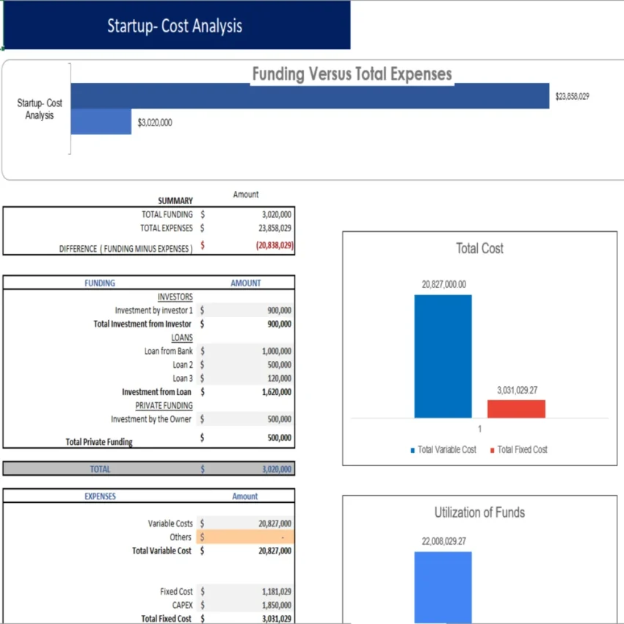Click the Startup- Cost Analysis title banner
click(175, 26)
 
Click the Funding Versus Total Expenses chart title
click(352, 74)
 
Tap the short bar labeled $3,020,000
click(101, 123)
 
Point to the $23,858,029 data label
click(572, 96)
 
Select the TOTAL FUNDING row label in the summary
click(167, 214)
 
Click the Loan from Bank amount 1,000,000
click(276, 352)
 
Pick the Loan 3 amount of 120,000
click(279, 379)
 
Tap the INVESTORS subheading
click(175, 297)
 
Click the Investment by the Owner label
click(151, 419)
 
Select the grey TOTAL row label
click(100, 469)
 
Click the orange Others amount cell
click(250, 537)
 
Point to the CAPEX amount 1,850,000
click(275, 606)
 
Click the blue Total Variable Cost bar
click(443, 356)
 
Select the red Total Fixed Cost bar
click(516, 409)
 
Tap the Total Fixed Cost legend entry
click(522, 449)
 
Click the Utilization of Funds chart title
click(479, 512)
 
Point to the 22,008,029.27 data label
click(443, 541)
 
